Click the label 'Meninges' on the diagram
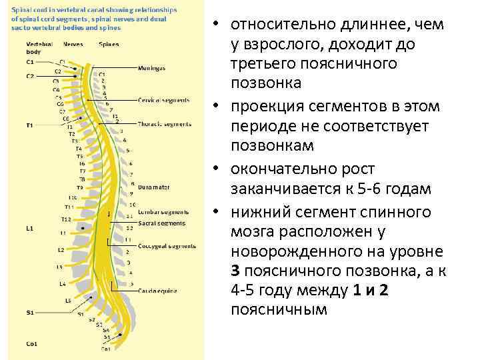(x=152, y=67)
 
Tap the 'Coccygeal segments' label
(x=167, y=246)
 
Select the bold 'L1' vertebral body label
(x=30, y=227)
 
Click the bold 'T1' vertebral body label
(x=29, y=125)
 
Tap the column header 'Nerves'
(x=73, y=44)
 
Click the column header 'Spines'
(x=109, y=44)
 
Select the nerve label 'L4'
(x=62, y=283)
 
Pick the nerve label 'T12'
(x=66, y=219)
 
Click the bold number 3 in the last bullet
(x=235, y=271)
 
